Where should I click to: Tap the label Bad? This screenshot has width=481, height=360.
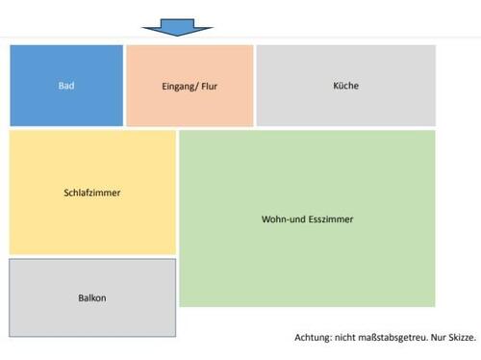tap(66, 86)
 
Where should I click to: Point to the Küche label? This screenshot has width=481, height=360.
tap(344, 86)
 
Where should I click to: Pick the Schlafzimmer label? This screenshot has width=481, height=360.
tap(92, 193)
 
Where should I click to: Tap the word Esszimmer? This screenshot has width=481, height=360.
tap(332, 219)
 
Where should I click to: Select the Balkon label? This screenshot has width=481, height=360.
tap(92, 297)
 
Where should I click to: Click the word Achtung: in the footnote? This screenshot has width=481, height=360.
tap(316, 338)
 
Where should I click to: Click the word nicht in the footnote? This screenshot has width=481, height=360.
tap(348, 338)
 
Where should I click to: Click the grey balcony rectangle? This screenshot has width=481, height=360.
tap(92, 318)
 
